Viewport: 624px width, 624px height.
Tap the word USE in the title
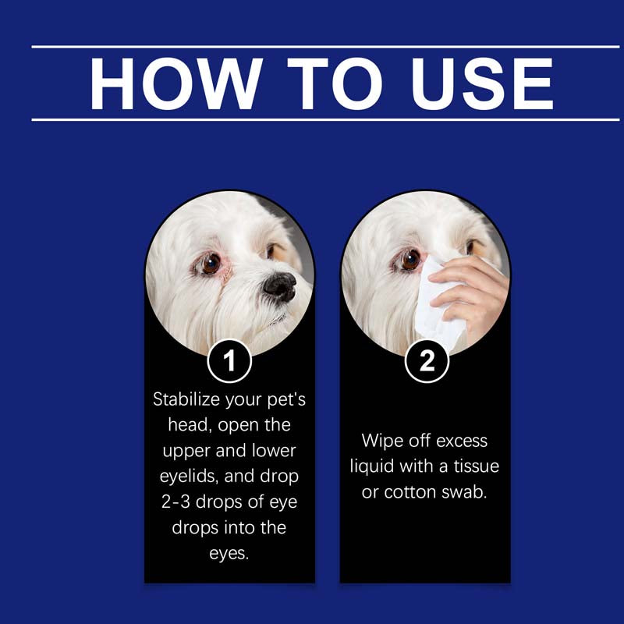(482, 83)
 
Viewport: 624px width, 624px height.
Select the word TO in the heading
(335, 83)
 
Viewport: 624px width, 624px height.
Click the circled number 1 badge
(229, 361)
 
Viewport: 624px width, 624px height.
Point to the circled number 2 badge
(427, 361)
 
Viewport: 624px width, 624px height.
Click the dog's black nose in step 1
(280, 286)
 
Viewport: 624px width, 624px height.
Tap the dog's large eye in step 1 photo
(210, 263)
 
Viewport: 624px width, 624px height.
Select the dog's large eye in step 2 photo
(410, 260)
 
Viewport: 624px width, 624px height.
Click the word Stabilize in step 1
(186, 399)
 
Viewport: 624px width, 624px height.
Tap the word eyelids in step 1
(190, 477)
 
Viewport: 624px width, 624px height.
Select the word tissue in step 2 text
(477, 466)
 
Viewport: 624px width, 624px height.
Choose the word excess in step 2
(461, 441)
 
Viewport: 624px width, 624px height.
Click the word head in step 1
(188, 425)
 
